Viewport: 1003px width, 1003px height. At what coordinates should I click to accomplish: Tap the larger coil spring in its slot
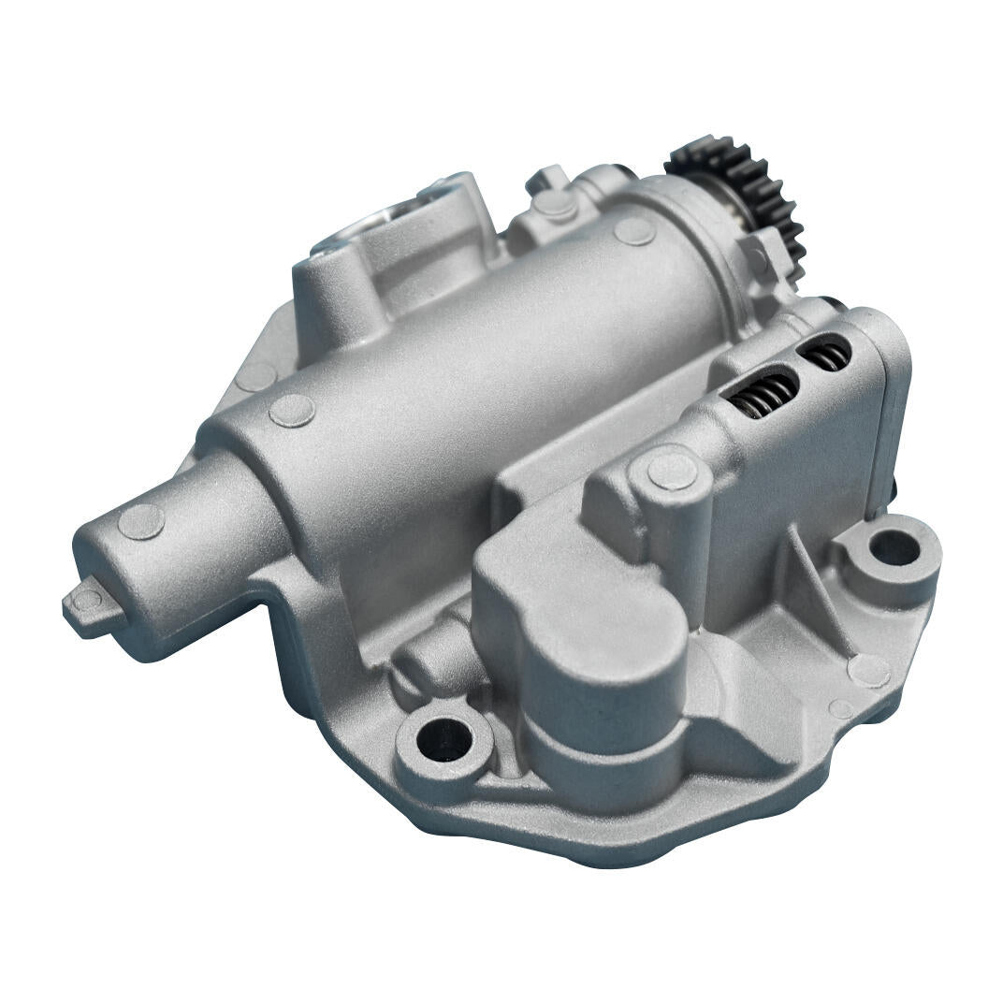pyautogui.click(x=763, y=393)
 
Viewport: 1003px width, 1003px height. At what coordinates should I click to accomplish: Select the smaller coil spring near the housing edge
pyautogui.click(x=823, y=356)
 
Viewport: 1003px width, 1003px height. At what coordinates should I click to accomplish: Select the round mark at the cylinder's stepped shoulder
pyautogui.click(x=292, y=411)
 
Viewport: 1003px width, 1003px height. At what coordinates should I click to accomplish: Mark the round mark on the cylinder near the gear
pyautogui.click(x=635, y=230)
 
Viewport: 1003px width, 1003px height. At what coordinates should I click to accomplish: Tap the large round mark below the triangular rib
pyautogui.click(x=867, y=670)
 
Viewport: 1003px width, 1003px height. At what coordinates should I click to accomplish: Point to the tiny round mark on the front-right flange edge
pyautogui.click(x=841, y=709)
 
